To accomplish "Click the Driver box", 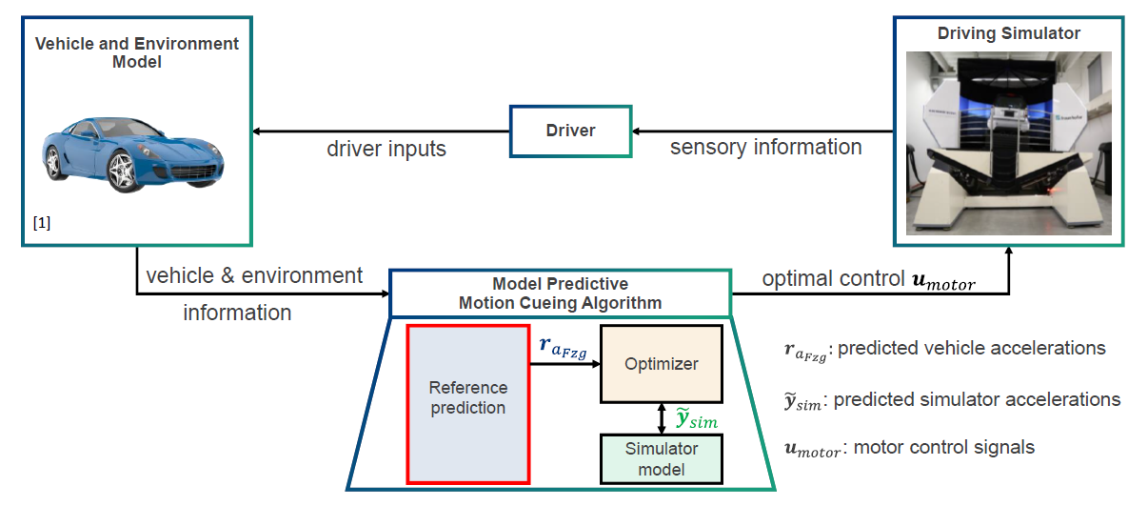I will pos(570,131).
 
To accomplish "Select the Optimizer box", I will pos(661,364).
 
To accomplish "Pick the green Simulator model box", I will pos(661,458).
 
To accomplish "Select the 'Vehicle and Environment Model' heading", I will pos(137,52).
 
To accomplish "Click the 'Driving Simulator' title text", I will pos(1009,33).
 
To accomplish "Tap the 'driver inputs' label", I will pos(386,149).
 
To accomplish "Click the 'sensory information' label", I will pos(765,147).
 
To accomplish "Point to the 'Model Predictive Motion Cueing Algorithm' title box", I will pos(560,293).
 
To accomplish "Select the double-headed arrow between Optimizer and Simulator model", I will pos(661,417).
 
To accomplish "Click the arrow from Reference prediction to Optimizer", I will pos(564,364).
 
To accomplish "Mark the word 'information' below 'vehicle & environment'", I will pos(237,313).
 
